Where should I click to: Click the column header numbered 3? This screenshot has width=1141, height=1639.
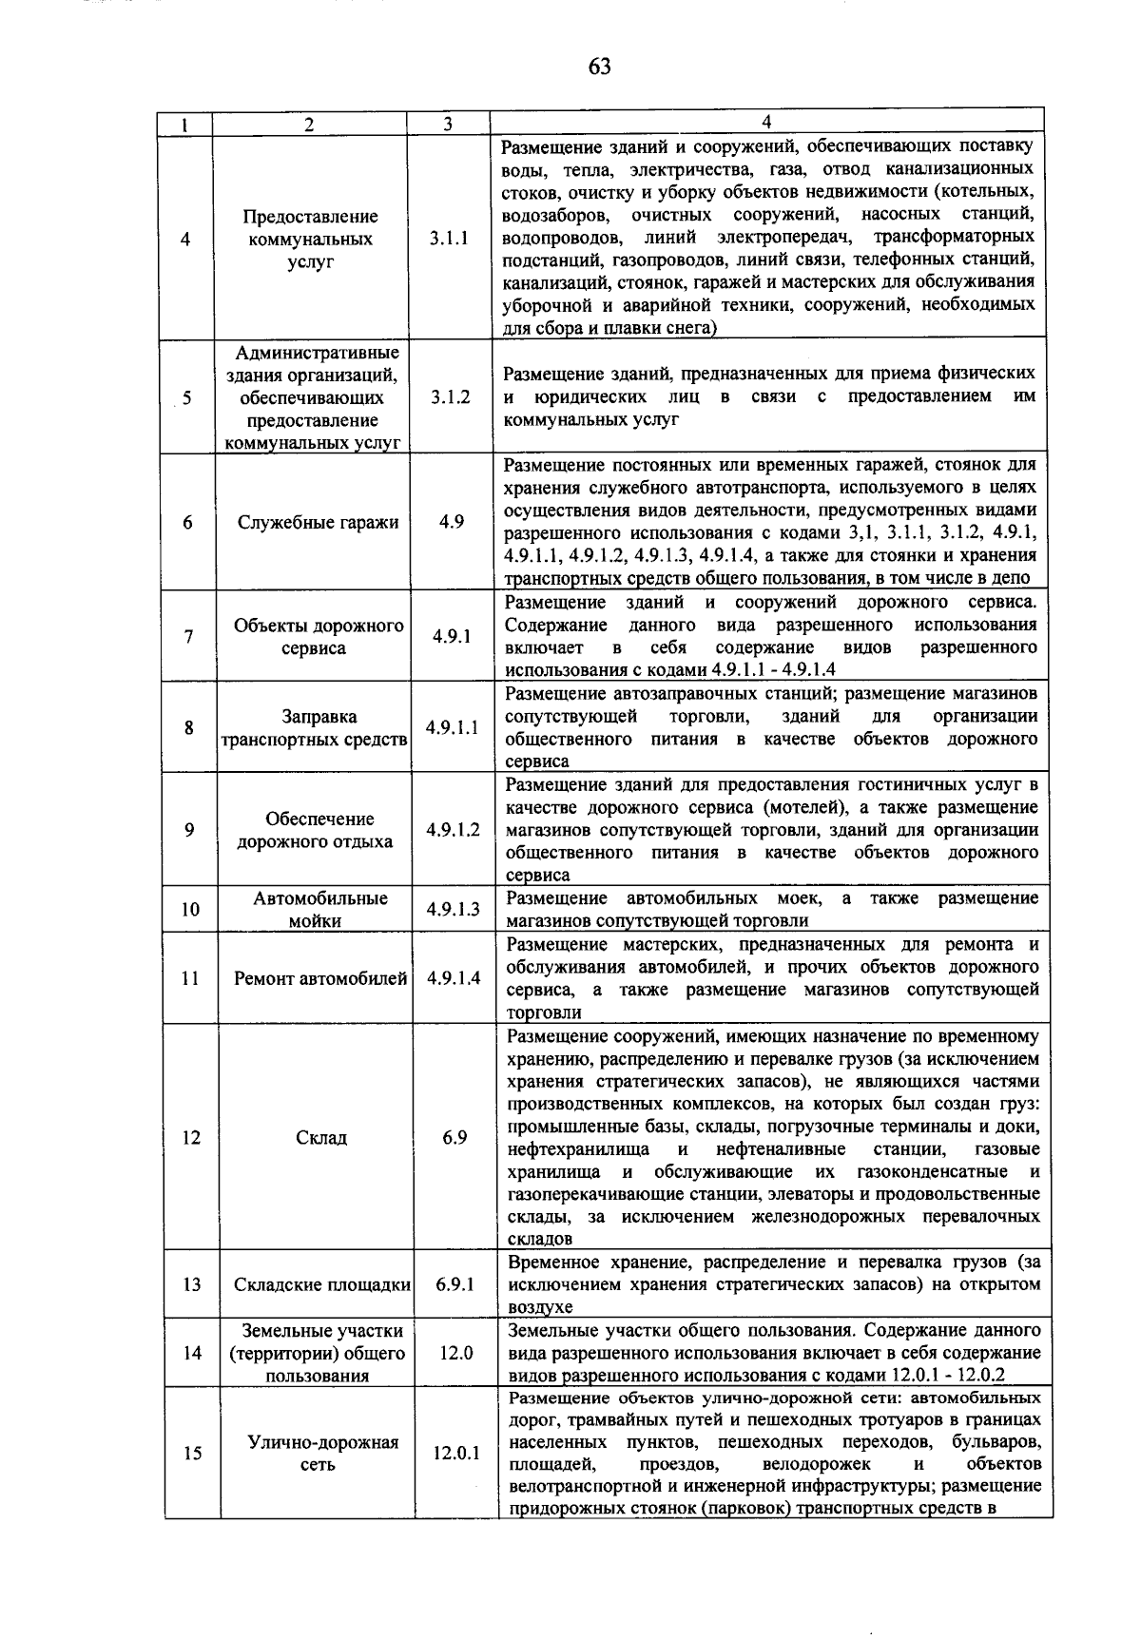447,125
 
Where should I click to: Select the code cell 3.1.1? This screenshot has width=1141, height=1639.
448,240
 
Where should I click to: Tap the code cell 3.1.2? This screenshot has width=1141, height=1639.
449,397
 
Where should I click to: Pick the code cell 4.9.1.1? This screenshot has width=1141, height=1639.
452,727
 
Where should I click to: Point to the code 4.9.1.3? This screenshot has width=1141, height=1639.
453,909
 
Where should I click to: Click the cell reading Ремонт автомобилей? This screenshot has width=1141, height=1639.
320,978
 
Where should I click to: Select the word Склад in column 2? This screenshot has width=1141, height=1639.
321,1137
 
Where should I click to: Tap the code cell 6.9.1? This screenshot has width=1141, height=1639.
454,1284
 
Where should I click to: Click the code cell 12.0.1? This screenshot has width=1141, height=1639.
456,1454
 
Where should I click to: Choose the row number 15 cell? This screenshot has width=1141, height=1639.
192,1454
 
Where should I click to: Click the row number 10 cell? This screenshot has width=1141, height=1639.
190,909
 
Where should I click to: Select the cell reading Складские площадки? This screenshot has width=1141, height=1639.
322,1284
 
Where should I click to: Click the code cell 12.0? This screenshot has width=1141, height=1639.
455,1352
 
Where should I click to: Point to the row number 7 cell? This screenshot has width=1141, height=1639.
189,637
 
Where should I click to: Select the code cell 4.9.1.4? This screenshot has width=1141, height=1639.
454,978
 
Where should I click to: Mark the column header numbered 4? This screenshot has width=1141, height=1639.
766,122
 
